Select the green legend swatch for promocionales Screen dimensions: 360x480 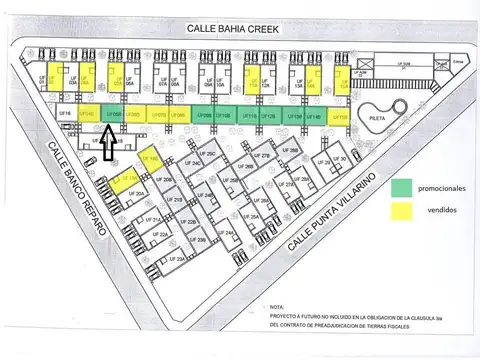pos(402,187)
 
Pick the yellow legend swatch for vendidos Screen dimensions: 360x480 pos(402,211)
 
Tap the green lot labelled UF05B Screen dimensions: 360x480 pos(112,116)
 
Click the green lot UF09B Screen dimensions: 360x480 pos(203,116)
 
